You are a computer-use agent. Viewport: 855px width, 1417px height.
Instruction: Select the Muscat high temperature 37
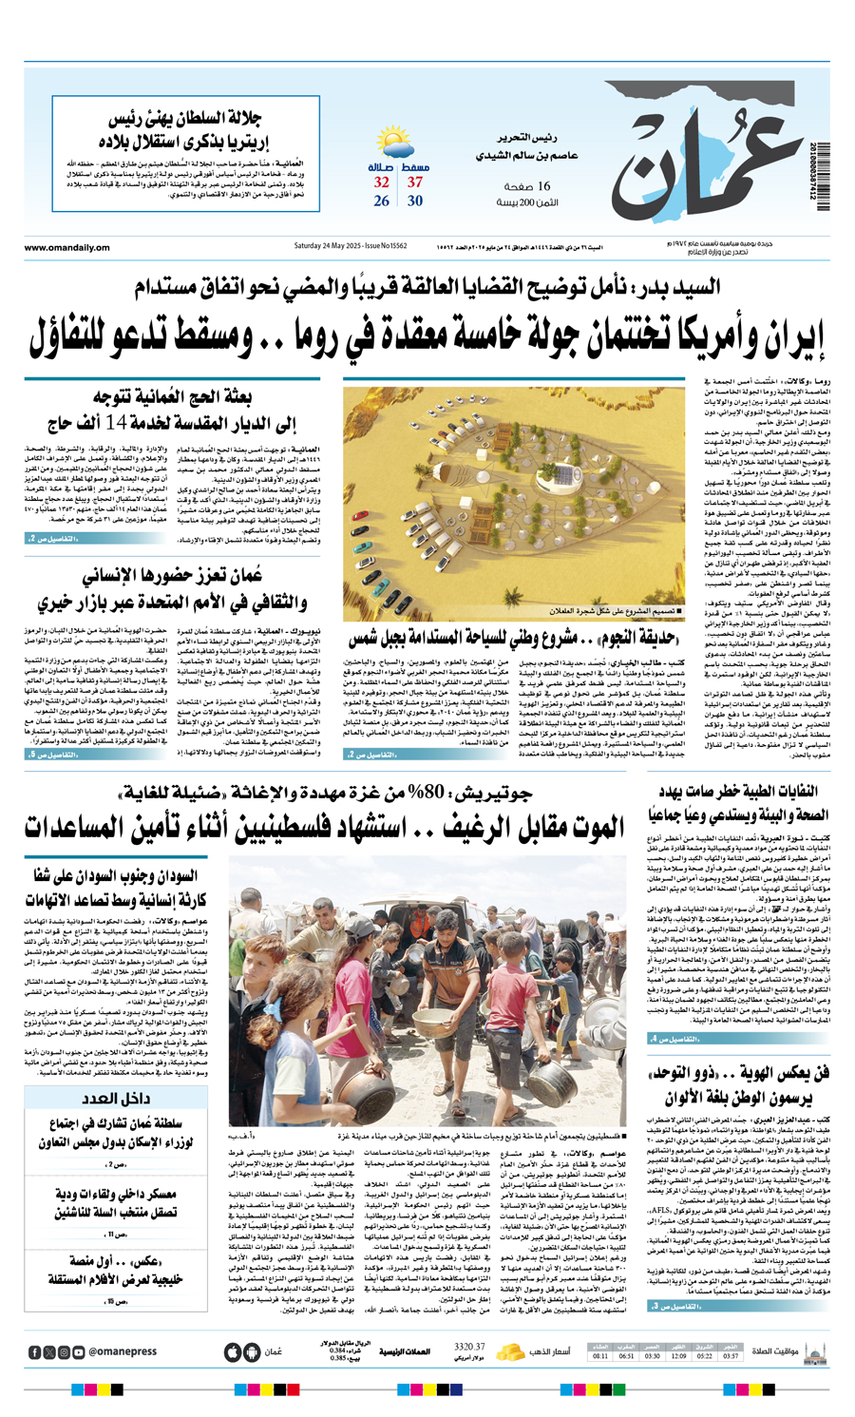(x=415, y=182)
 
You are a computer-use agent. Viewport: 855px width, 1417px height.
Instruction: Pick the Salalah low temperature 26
(x=381, y=201)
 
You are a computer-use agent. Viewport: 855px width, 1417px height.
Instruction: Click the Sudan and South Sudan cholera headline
(x=120, y=888)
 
